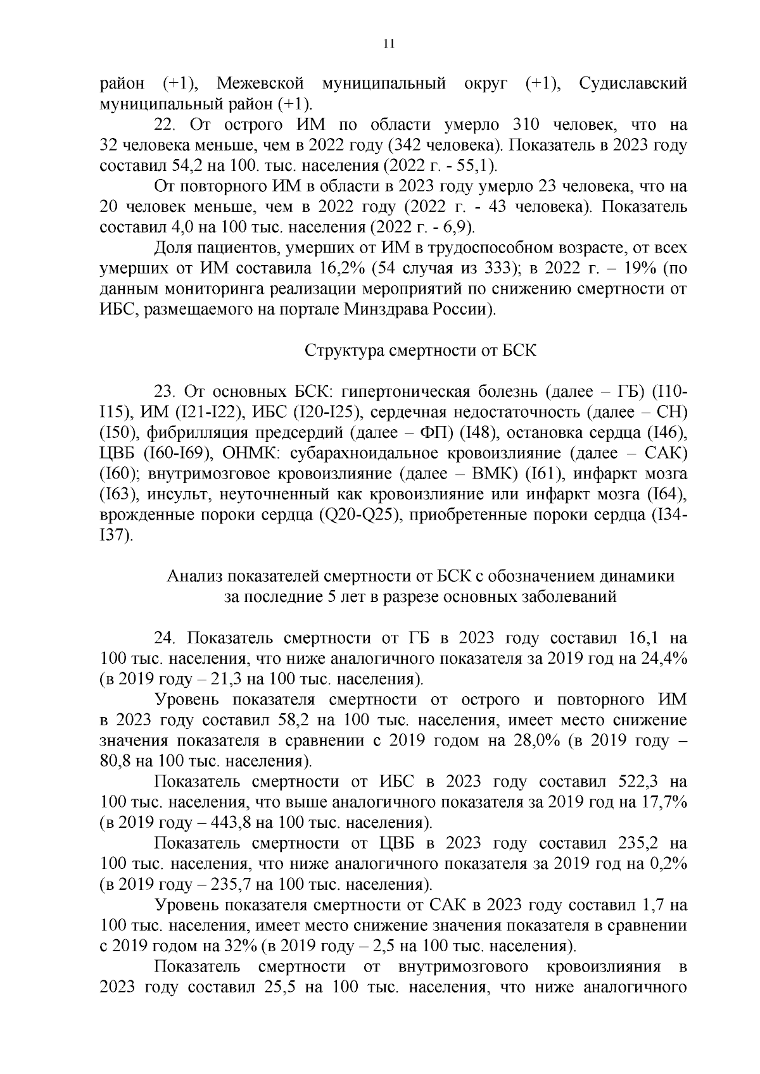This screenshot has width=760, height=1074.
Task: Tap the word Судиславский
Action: point(633,84)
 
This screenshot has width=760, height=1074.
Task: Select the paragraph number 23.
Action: point(165,392)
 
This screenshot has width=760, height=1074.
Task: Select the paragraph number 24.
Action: point(165,637)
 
